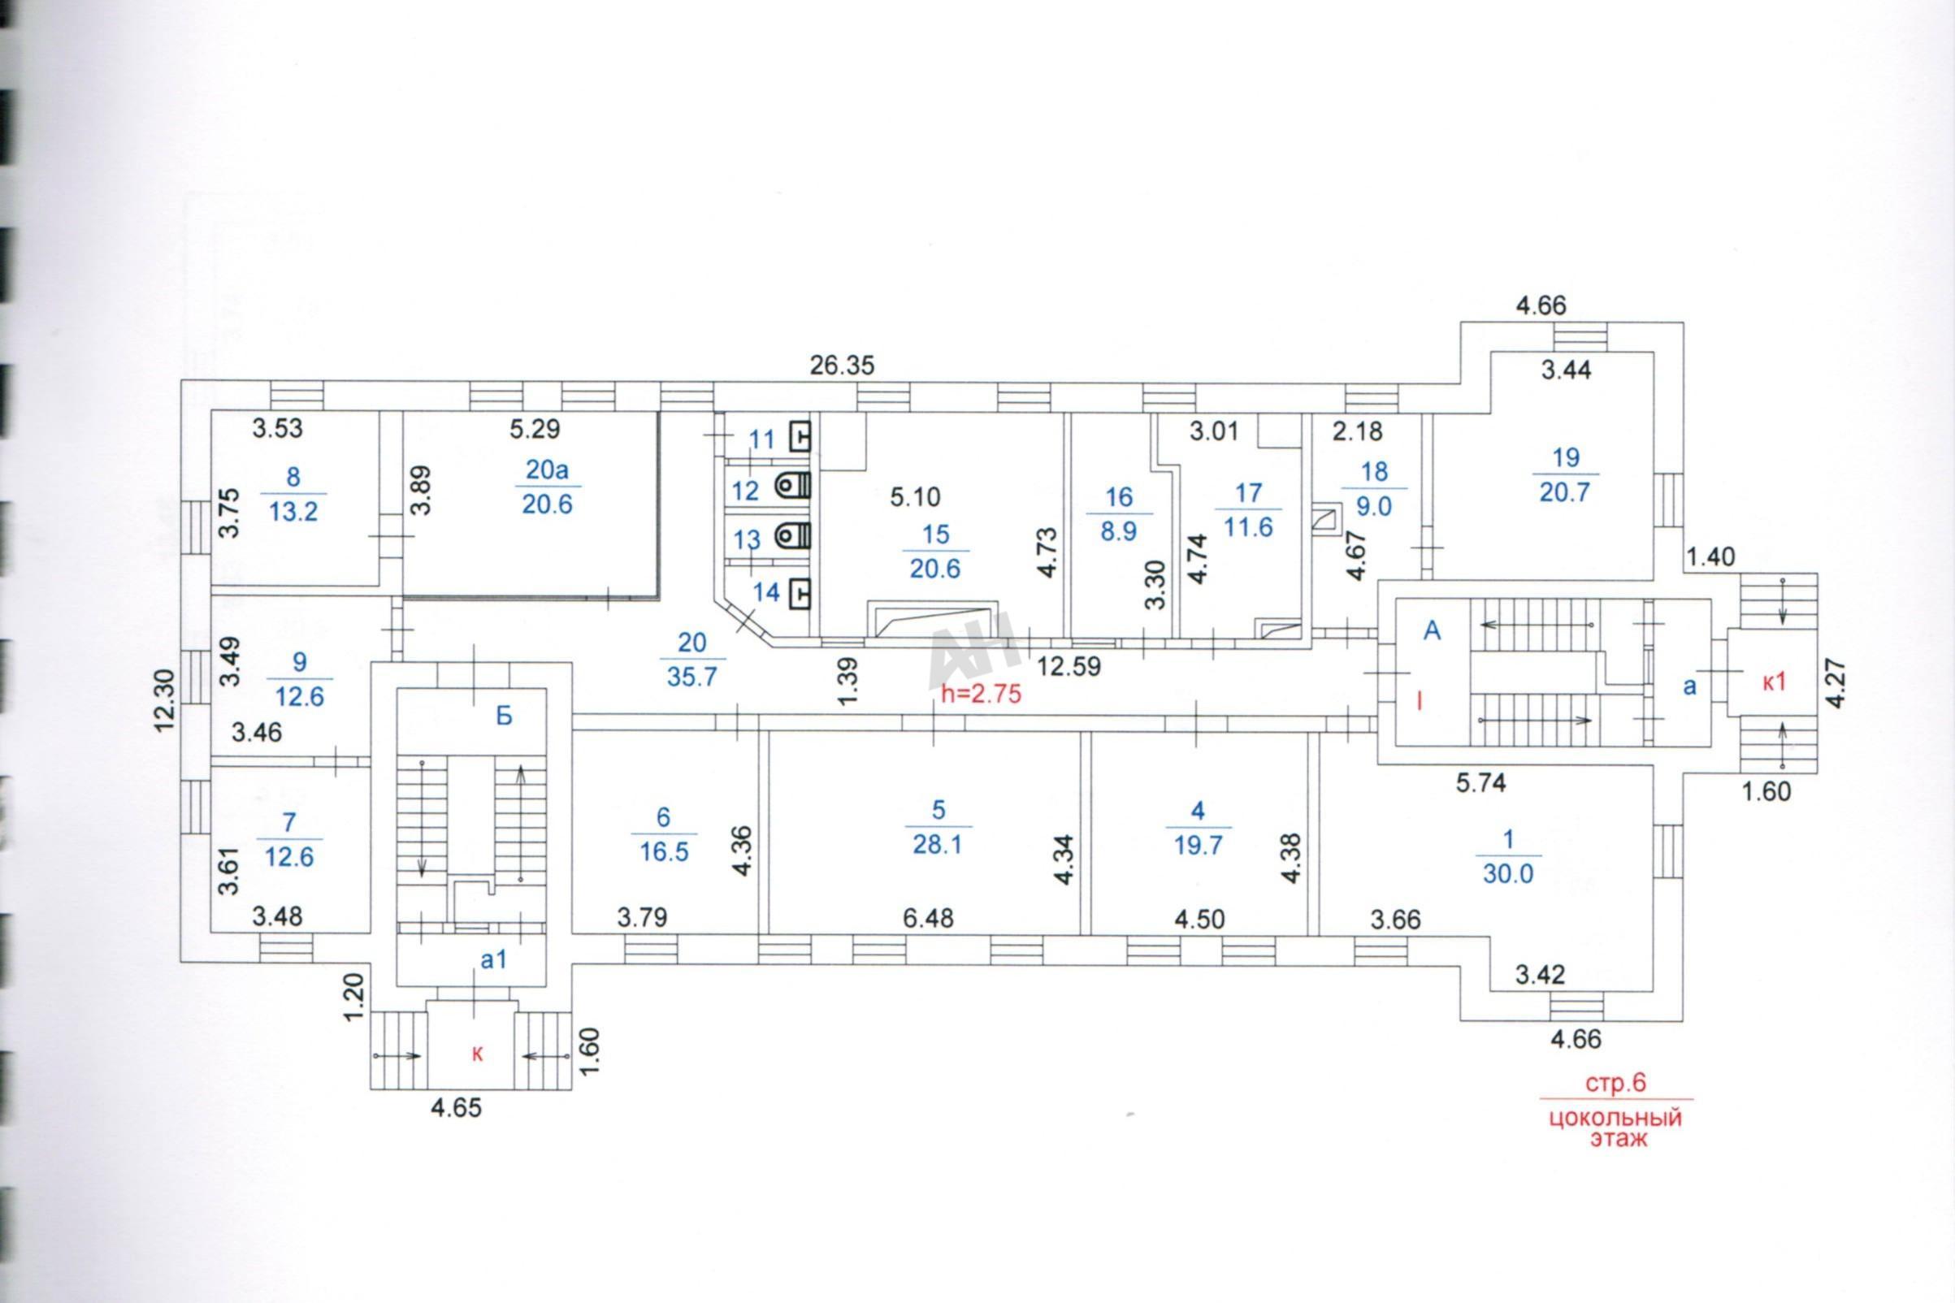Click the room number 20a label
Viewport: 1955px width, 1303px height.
tap(547, 471)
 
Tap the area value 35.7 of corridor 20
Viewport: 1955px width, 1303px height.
tap(691, 677)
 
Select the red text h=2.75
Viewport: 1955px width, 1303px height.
tap(981, 694)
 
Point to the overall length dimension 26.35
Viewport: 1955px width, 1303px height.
tap(842, 366)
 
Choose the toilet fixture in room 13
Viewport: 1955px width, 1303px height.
tap(793, 538)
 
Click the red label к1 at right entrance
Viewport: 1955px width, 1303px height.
tap(1775, 682)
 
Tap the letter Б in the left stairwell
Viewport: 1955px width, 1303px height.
tap(504, 716)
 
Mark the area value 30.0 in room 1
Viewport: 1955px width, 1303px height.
tap(1508, 874)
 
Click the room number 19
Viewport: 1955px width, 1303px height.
tap(1565, 458)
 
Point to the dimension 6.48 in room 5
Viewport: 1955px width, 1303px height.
tap(929, 918)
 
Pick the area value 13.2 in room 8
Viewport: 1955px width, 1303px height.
tap(293, 512)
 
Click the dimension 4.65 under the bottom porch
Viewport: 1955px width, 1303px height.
tap(456, 1108)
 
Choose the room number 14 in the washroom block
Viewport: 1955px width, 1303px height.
tap(766, 591)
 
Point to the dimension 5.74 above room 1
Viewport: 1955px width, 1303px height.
tap(1481, 783)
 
